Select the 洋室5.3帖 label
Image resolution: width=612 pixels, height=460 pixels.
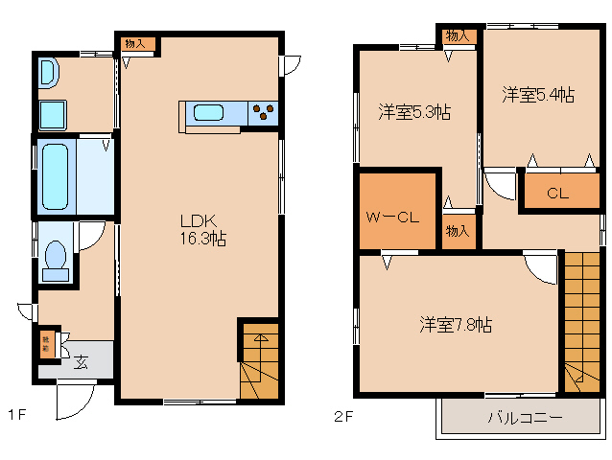413,113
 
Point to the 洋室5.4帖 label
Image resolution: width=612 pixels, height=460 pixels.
538,95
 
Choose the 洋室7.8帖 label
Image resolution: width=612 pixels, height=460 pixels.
456,325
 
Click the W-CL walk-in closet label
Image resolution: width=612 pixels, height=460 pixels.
391,217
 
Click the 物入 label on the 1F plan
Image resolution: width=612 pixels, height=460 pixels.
135,44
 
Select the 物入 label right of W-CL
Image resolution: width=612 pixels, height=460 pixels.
459,231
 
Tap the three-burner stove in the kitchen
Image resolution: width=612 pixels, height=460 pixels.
263,113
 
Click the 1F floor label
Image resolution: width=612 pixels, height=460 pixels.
16,416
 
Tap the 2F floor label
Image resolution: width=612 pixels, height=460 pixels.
342,416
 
